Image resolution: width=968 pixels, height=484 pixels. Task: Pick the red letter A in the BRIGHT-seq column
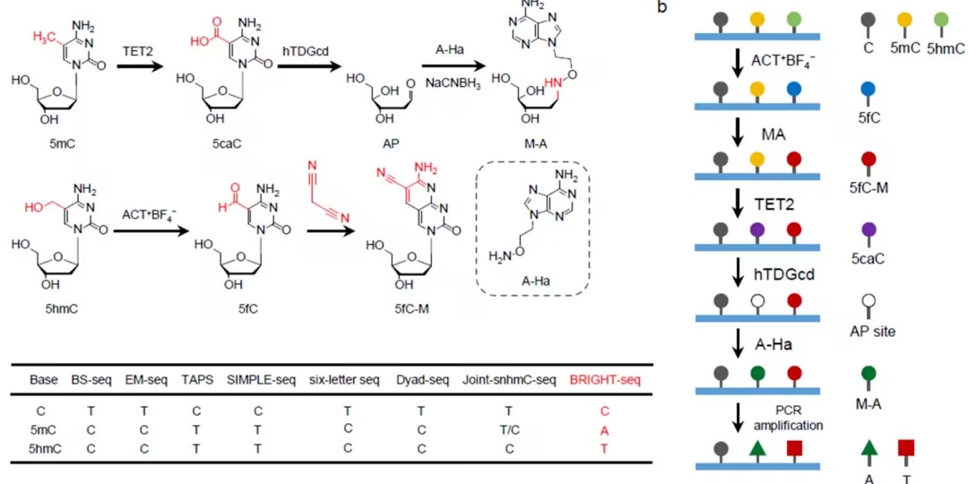point(604,430)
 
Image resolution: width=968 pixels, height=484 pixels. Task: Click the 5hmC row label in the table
point(43,449)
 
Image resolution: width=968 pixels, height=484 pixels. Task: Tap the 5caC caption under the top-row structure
point(221,146)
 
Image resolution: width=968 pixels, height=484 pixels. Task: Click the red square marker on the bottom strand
point(793,447)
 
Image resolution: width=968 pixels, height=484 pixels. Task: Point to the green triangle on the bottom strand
point(756,448)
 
